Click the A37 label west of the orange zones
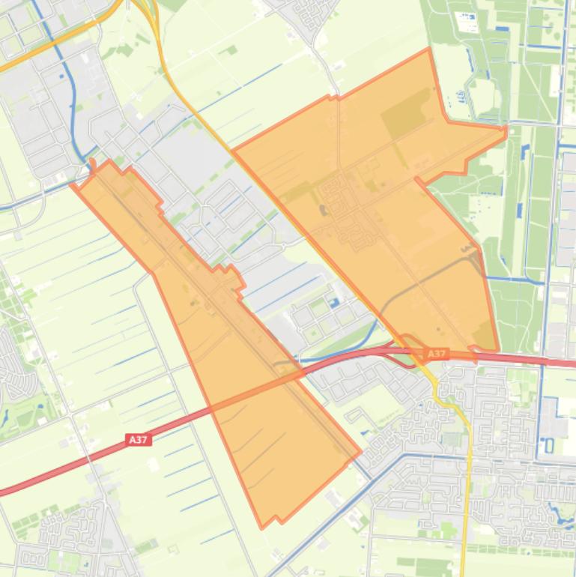click(x=138, y=440)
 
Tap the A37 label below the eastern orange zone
click(x=437, y=354)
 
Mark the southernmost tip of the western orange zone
click(x=261, y=528)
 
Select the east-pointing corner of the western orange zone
click(x=360, y=452)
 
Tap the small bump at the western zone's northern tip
click(x=93, y=163)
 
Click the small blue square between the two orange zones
click(x=333, y=302)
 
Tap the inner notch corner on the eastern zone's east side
click(x=416, y=180)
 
